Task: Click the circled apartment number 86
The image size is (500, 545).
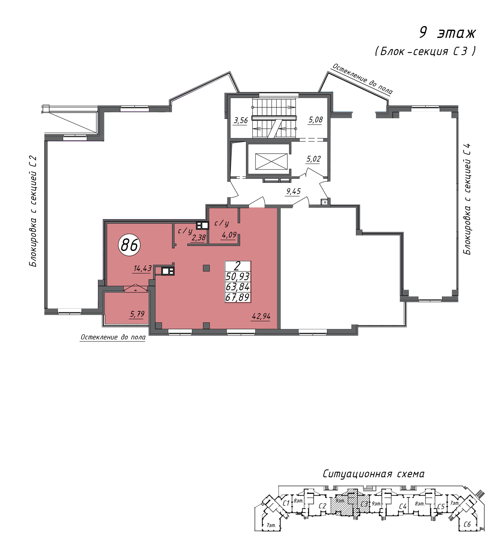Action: coord(129,245)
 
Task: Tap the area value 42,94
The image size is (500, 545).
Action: coord(261,316)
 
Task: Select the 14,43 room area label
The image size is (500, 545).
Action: coord(142,268)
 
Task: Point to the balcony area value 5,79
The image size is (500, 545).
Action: coord(137,314)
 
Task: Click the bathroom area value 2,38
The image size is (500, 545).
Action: coord(199,238)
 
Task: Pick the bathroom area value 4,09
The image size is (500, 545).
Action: coord(229,235)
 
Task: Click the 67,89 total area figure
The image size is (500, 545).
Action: coord(238,297)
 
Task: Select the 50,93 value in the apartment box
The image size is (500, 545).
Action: coord(238,276)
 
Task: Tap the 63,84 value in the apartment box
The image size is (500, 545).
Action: coord(238,287)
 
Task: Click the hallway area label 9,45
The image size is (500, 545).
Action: coord(294,191)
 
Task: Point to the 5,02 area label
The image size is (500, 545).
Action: coord(314,159)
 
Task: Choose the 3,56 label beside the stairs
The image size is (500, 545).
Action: coord(241,120)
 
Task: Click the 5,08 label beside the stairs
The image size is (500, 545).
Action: coord(316,120)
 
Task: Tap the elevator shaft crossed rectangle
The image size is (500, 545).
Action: coord(271,161)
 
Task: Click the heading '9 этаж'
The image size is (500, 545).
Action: coord(447,33)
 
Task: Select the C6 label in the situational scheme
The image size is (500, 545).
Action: coord(467,524)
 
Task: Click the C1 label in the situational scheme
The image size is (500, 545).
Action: coord(286,503)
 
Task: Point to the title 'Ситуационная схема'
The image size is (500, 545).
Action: coord(374,474)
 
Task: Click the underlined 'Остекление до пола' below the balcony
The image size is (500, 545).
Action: coord(113,337)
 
